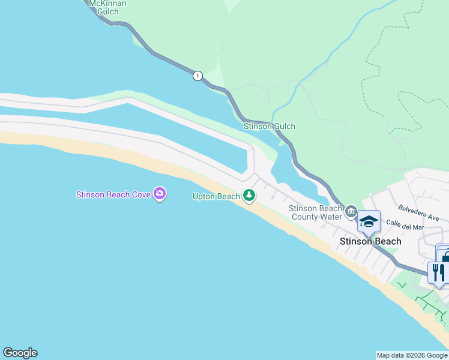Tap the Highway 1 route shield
pos(197,76)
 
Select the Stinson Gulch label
pos(269,127)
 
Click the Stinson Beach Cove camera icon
pos(160,194)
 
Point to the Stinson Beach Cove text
pos(113,194)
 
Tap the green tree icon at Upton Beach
pos(249,196)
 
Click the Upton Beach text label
pos(215,196)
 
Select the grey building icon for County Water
pos(351,212)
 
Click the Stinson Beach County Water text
pos(315,212)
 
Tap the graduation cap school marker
pos(369,222)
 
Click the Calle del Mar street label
pos(405,224)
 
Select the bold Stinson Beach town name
pos(370,241)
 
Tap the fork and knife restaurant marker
pos(437,272)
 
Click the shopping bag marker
pos(445,256)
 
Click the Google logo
pos(20,353)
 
